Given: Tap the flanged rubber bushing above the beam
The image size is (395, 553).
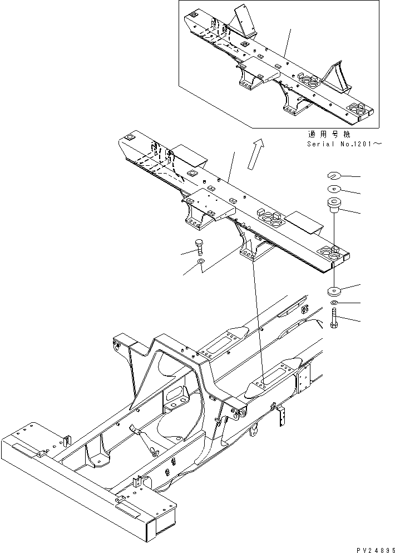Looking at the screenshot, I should [334, 205].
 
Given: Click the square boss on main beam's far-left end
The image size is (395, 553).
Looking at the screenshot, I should [129, 137].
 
